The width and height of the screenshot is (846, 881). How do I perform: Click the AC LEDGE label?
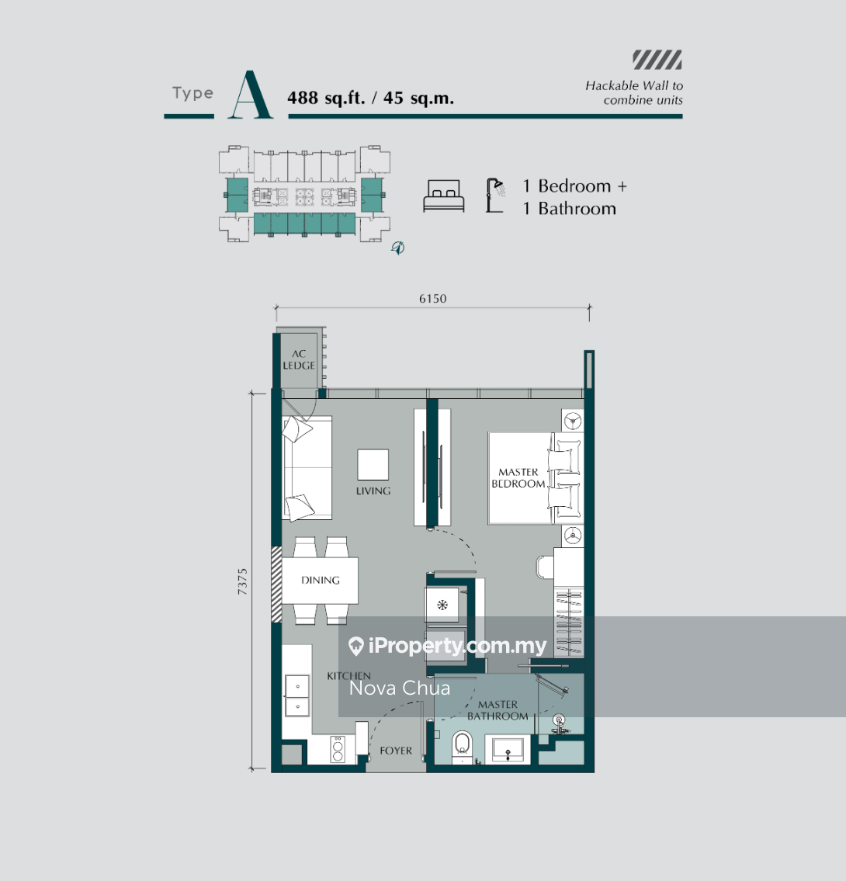click(x=299, y=359)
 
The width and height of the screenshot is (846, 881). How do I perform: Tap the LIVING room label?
click(x=373, y=491)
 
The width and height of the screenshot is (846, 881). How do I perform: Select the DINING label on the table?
click(x=321, y=580)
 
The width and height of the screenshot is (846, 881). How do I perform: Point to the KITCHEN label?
click(x=348, y=676)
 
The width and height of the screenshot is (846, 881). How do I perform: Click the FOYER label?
click(x=396, y=751)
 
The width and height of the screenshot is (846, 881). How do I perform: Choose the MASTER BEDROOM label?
click(x=518, y=478)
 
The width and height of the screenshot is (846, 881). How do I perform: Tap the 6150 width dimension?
click(x=432, y=299)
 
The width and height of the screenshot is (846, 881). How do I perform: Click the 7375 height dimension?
click(x=242, y=581)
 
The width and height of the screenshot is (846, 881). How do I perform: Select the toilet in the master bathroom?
click(x=462, y=746)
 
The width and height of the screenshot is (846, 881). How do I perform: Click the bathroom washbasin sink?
click(x=508, y=750)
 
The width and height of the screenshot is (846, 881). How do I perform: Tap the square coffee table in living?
click(x=373, y=465)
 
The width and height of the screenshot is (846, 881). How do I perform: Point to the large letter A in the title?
click(x=250, y=95)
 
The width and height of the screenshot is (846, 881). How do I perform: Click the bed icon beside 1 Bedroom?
click(x=444, y=196)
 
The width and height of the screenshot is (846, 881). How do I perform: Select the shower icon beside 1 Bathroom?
click(x=495, y=196)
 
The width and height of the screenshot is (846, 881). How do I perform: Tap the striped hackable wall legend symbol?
click(x=657, y=60)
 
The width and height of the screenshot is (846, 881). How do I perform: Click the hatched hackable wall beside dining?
click(x=276, y=584)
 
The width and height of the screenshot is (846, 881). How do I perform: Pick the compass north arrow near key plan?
click(x=397, y=248)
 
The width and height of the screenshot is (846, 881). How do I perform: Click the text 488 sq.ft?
click(x=326, y=99)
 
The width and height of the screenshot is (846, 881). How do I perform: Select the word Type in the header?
click(x=192, y=93)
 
